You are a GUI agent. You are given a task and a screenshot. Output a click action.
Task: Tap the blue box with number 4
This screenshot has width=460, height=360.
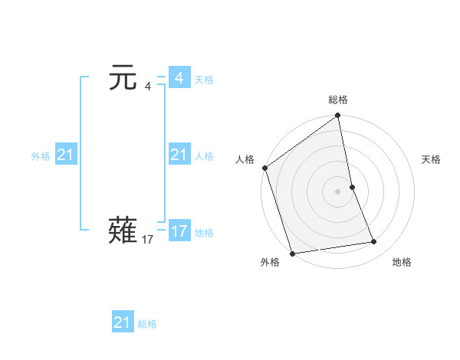point(179,78)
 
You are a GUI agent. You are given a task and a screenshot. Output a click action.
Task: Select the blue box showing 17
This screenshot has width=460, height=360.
point(179,231)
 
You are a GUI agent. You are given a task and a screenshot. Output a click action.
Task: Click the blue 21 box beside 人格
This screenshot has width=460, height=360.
point(179,155)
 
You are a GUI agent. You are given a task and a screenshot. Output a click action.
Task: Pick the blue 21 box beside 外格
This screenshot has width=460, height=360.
point(65,155)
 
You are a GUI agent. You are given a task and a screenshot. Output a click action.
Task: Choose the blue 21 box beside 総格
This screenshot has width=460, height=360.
point(123,322)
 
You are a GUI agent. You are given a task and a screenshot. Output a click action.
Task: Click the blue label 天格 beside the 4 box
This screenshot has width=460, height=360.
point(204,80)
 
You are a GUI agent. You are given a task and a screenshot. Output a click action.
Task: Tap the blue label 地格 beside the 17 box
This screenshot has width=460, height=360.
point(204,233)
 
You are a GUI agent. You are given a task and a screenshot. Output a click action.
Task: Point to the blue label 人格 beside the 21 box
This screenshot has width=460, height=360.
point(204,156)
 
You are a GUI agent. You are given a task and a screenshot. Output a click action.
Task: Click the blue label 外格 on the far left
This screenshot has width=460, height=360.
point(41,156)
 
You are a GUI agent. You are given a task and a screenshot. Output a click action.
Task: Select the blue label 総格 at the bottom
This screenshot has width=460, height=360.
point(147,325)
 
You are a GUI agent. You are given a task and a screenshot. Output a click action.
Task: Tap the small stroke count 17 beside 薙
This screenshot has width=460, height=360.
point(148,240)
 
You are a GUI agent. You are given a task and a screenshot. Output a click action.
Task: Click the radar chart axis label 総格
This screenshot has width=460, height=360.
point(338,100)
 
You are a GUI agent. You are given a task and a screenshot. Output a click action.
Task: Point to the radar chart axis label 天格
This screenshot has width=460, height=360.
point(431,159)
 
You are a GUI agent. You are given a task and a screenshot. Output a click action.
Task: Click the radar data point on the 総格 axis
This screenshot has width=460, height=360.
point(338,116)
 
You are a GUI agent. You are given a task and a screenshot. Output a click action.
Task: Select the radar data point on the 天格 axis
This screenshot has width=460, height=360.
point(353,186)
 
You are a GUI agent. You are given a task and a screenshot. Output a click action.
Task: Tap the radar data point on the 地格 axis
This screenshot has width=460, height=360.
point(374,242)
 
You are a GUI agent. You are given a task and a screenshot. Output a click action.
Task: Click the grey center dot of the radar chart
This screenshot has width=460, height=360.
point(338,191)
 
